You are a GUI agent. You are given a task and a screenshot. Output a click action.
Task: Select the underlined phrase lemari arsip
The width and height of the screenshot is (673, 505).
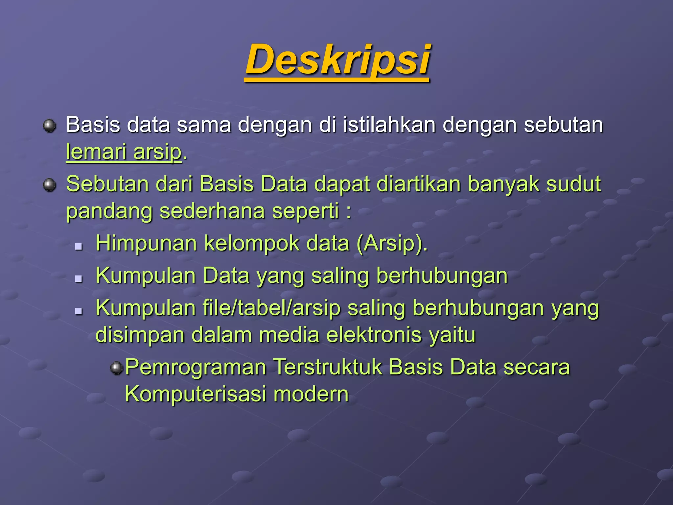124,152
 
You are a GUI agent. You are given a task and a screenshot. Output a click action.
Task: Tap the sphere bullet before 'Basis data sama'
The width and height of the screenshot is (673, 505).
50,126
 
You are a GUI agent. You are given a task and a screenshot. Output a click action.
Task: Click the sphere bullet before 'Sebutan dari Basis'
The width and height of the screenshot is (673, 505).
50,185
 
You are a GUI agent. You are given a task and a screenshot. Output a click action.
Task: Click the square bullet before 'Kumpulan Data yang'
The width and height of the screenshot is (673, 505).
78,279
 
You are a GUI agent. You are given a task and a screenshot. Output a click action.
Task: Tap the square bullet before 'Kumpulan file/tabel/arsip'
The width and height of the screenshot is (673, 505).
78,311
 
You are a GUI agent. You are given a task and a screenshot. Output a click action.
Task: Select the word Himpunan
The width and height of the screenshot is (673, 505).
146,244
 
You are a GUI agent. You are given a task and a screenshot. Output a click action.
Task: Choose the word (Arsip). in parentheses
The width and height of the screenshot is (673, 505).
392,244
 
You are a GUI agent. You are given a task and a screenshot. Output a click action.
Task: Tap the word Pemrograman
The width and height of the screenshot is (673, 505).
196,368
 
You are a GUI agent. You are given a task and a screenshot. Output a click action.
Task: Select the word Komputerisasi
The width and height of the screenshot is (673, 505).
196,394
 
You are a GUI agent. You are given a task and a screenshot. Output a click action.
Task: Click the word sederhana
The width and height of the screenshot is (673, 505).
212,211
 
